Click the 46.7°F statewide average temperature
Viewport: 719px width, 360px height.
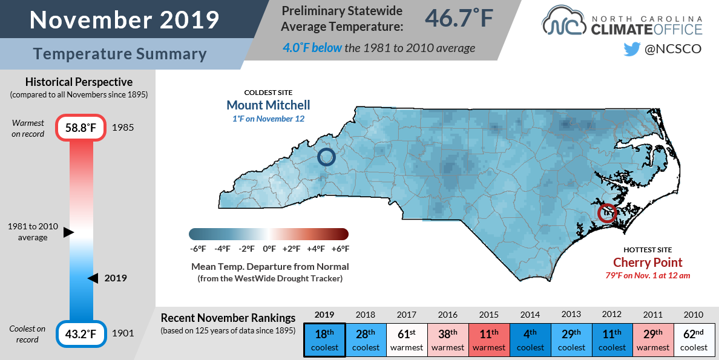click(459, 18)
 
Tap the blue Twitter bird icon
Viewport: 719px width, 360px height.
click(631, 49)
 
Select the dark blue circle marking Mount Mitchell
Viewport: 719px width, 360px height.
click(326, 157)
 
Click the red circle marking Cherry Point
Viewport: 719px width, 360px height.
click(607, 213)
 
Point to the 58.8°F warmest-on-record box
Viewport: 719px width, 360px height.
click(81, 128)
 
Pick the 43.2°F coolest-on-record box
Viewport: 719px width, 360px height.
click(81, 333)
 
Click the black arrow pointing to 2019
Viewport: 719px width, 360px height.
click(93, 278)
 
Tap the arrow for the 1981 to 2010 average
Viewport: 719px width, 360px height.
click(68, 232)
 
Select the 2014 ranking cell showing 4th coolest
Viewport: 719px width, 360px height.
click(530, 341)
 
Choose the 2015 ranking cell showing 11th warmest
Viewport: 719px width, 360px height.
click(489, 341)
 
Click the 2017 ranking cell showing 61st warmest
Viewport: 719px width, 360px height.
click(407, 341)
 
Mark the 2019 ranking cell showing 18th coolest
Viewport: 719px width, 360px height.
click(324, 341)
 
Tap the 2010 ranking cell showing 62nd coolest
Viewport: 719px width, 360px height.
click(694, 341)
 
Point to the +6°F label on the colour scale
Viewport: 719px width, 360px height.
click(340, 249)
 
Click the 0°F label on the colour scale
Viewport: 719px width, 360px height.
click(269, 249)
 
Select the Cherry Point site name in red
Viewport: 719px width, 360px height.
click(648, 263)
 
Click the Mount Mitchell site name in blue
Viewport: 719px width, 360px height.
click(268, 105)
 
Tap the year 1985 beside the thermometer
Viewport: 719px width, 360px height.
click(123, 128)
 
